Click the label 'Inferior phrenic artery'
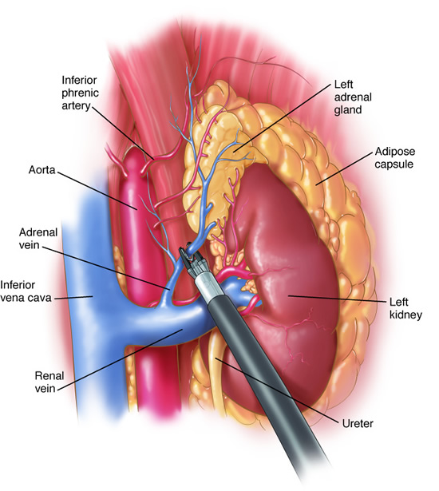(80, 93)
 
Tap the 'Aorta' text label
(42, 170)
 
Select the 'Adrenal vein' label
(38, 238)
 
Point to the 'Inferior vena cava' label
(26, 291)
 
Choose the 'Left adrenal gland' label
(353, 97)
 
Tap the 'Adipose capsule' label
(395, 157)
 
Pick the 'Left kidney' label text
(405, 308)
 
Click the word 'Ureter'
(358, 424)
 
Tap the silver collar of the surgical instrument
(207, 285)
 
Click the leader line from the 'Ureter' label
(277, 390)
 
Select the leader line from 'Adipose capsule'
(345, 168)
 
